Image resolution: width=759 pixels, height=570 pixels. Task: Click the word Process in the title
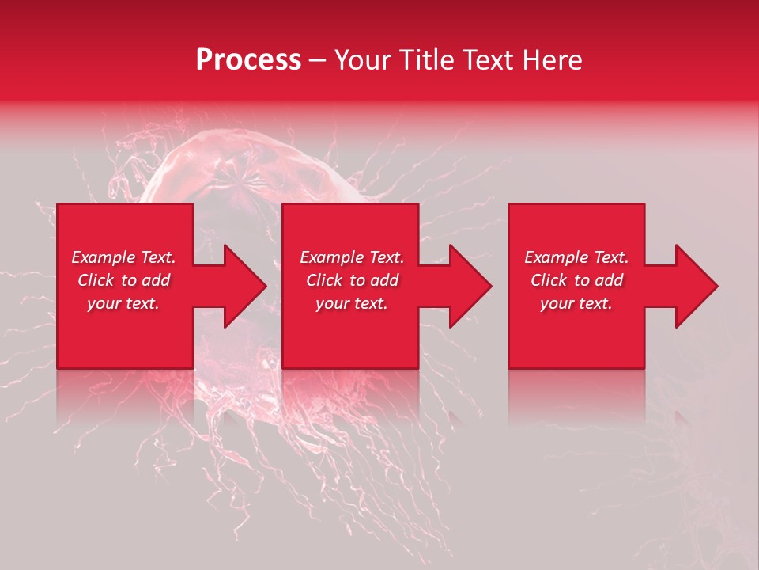[248, 60]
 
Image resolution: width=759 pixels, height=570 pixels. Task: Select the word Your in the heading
[361, 60]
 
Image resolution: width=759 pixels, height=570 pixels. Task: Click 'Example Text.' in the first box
[123, 257]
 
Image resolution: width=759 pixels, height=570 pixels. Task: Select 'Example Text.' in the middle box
[352, 257]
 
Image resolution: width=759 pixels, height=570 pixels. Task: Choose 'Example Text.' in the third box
[576, 257]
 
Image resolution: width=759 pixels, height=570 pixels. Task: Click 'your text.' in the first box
[123, 303]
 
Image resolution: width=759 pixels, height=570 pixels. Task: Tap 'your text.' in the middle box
[352, 303]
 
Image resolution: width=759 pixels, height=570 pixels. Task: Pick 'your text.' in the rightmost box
[576, 303]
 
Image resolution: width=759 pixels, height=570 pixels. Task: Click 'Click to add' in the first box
[123, 280]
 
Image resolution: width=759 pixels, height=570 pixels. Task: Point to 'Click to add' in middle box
[352, 280]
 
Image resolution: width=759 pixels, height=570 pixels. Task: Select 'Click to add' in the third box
[576, 280]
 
